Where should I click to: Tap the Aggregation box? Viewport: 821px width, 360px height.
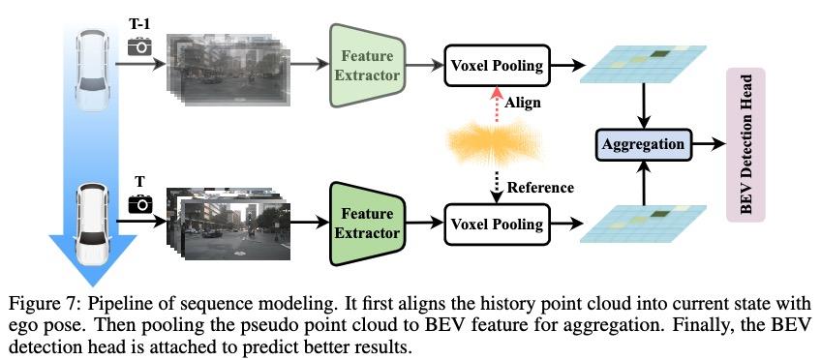(x=643, y=144)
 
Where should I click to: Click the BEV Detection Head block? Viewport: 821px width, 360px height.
(x=745, y=145)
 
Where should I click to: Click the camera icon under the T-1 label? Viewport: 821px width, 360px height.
(x=140, y=45)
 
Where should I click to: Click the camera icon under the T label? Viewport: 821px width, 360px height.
(x=140, y=203)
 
